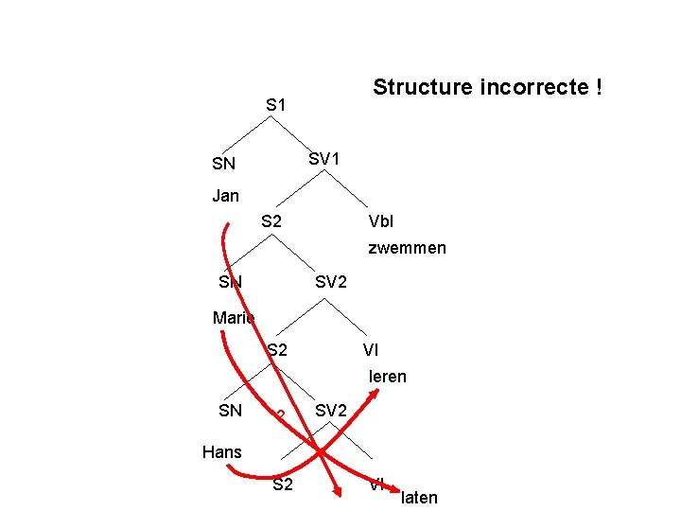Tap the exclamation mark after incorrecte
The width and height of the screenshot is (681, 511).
(x=599, y=88)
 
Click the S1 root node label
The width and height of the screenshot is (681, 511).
(x=276, y=104)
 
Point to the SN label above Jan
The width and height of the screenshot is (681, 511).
(x=224, y=165)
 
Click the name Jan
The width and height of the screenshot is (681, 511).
(x=226, y=196)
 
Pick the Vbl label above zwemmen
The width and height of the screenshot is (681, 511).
(x=381, y=222)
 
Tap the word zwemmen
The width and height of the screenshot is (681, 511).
(x=407, y=249)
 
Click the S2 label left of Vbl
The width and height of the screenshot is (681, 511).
(x=271, y=222)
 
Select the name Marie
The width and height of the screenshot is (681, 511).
(x=234, y=318)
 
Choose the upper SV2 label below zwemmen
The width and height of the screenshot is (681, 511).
(x=331, y=282)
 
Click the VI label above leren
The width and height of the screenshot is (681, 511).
(x=372, y=350)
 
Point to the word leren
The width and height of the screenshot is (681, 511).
(x=387, y=377)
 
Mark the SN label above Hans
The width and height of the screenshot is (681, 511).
(x=230, y=411)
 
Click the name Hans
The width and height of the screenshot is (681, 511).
(x=222, y=452)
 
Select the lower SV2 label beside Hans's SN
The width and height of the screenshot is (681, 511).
(x=331, y=411)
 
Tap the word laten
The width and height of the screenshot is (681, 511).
(x=419, y=498)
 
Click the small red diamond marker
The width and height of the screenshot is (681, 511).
(x=280, y=414)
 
